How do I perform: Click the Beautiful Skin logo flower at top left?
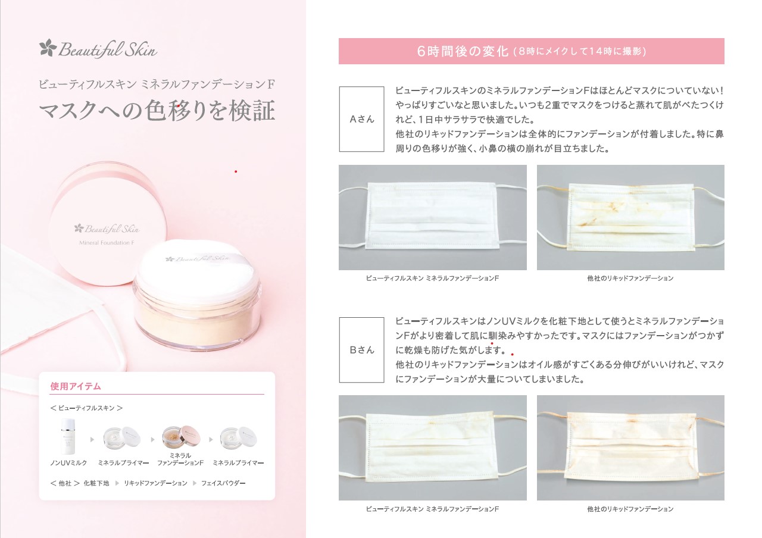(48, 48)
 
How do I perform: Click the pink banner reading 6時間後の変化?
(531, 51)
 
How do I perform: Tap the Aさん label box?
(361, 119)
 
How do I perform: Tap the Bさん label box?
(361, 350)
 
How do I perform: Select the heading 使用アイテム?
(76, 386)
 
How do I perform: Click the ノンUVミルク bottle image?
(68, 437)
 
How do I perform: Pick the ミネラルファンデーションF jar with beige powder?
(181, 437)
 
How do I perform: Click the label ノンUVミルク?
(68, 463)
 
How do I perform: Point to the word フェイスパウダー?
(223, 483)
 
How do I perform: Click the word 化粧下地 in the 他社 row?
(96, 483)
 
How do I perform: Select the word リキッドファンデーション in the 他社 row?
(155, 483)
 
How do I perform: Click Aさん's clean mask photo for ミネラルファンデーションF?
(432, 217)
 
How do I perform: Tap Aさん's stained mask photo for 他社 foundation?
(630, 217)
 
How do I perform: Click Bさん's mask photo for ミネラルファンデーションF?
(432, 448)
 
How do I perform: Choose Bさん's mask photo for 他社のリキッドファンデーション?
(630, 448)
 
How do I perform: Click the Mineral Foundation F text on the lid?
(107, 243)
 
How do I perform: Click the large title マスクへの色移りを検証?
(157, 111)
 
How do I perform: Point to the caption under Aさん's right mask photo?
(630, 278)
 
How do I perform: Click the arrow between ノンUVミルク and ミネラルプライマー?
(92, 440)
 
